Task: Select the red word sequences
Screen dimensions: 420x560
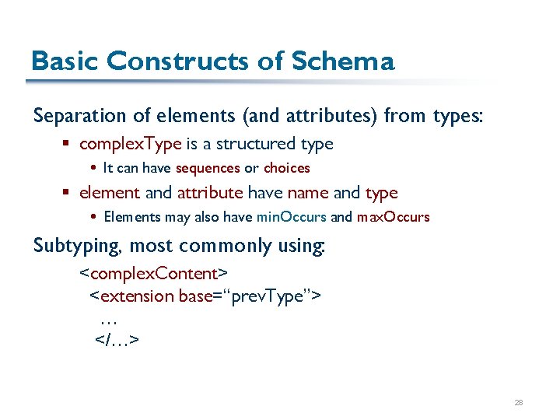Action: (x=208, y=168)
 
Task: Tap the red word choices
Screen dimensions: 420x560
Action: (x=286, y=168)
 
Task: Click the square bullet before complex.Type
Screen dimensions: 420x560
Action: (x=69, y=145)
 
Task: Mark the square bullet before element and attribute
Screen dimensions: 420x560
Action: (x=69, y=194)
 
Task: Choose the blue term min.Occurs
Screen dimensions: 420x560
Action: (x=291, y=217)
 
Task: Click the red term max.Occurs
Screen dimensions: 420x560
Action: (x=393, y=217)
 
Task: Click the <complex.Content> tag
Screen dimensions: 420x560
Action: (x=154, y=274)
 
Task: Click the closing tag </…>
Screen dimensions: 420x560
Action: (x=117, y=340)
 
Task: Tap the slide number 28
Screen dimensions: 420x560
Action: (x=519, y=403)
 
